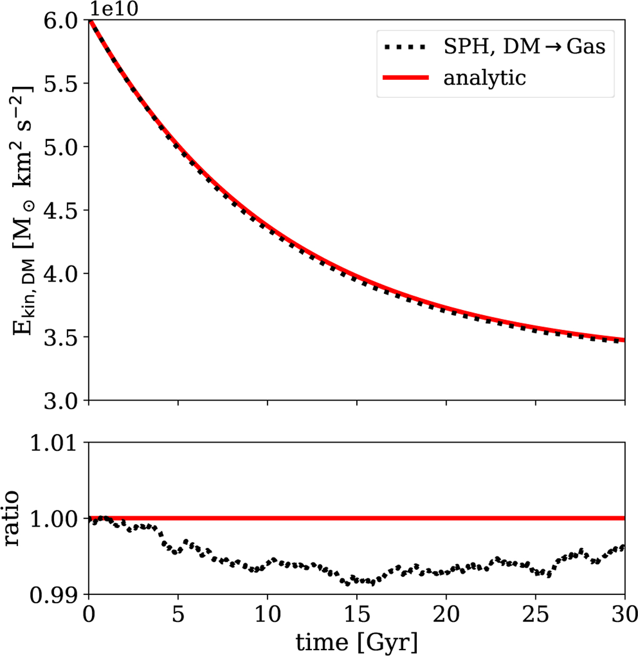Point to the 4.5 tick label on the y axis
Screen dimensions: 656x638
[x=60, y=211]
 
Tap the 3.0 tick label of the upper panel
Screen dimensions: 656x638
[x=60, y=401]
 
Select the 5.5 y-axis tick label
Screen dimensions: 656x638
[x=60, y=83]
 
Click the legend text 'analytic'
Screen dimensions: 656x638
[x=484, y=78]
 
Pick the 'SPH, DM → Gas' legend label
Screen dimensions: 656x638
[x=524, y=47]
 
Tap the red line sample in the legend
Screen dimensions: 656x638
[x=405, y=78]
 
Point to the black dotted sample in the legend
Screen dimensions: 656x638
[x=405, y=47]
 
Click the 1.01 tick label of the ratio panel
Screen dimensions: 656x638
[x=53, y=442]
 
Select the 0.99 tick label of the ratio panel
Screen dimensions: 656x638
[x=53, y=594]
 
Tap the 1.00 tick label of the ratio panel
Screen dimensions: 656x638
[x=53, y=518]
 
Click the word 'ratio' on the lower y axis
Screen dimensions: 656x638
[x=11, y=518]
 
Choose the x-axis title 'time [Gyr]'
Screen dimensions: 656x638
[x=357, y=643]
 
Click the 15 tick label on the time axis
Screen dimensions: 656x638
[x=357, y=615]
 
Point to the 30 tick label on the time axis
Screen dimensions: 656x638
[x=624, y=615]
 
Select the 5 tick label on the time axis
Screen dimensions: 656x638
[x=178, y=615]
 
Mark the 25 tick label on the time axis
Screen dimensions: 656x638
[x=535, y=615]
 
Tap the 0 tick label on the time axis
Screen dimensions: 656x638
[x=89, y=615]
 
